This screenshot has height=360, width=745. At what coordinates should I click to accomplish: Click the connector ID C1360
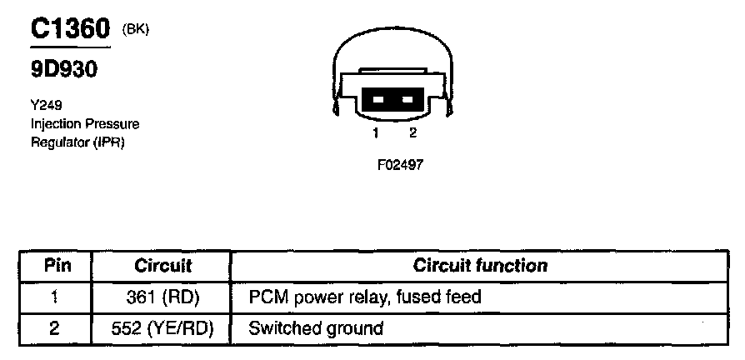(x=71, y=30)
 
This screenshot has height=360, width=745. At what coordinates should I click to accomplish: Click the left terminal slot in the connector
(x=377, y=99)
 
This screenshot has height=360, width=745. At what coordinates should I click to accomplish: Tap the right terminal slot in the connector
(x=407, y=99)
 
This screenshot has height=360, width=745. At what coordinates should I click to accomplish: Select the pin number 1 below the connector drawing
(x=376, y=133)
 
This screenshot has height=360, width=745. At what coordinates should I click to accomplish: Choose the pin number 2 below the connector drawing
(x=412, y=133)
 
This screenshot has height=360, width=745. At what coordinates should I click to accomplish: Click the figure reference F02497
(x=400, y=165)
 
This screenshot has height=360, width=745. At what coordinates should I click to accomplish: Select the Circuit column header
(x=162, y=267)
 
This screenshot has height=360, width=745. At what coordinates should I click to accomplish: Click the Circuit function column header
(x=480, y=267)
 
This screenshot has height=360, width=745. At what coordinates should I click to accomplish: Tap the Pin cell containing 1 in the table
(x=55, y=297)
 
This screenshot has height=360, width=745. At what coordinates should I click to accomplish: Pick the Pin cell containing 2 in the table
(x=55, y=328)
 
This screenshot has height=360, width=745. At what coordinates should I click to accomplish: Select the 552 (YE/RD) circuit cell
(x=162, y=328)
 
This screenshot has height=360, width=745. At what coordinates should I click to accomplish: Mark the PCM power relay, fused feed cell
(x=365, y=297)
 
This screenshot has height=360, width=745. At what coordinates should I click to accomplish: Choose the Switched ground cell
(x=316, y=328)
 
